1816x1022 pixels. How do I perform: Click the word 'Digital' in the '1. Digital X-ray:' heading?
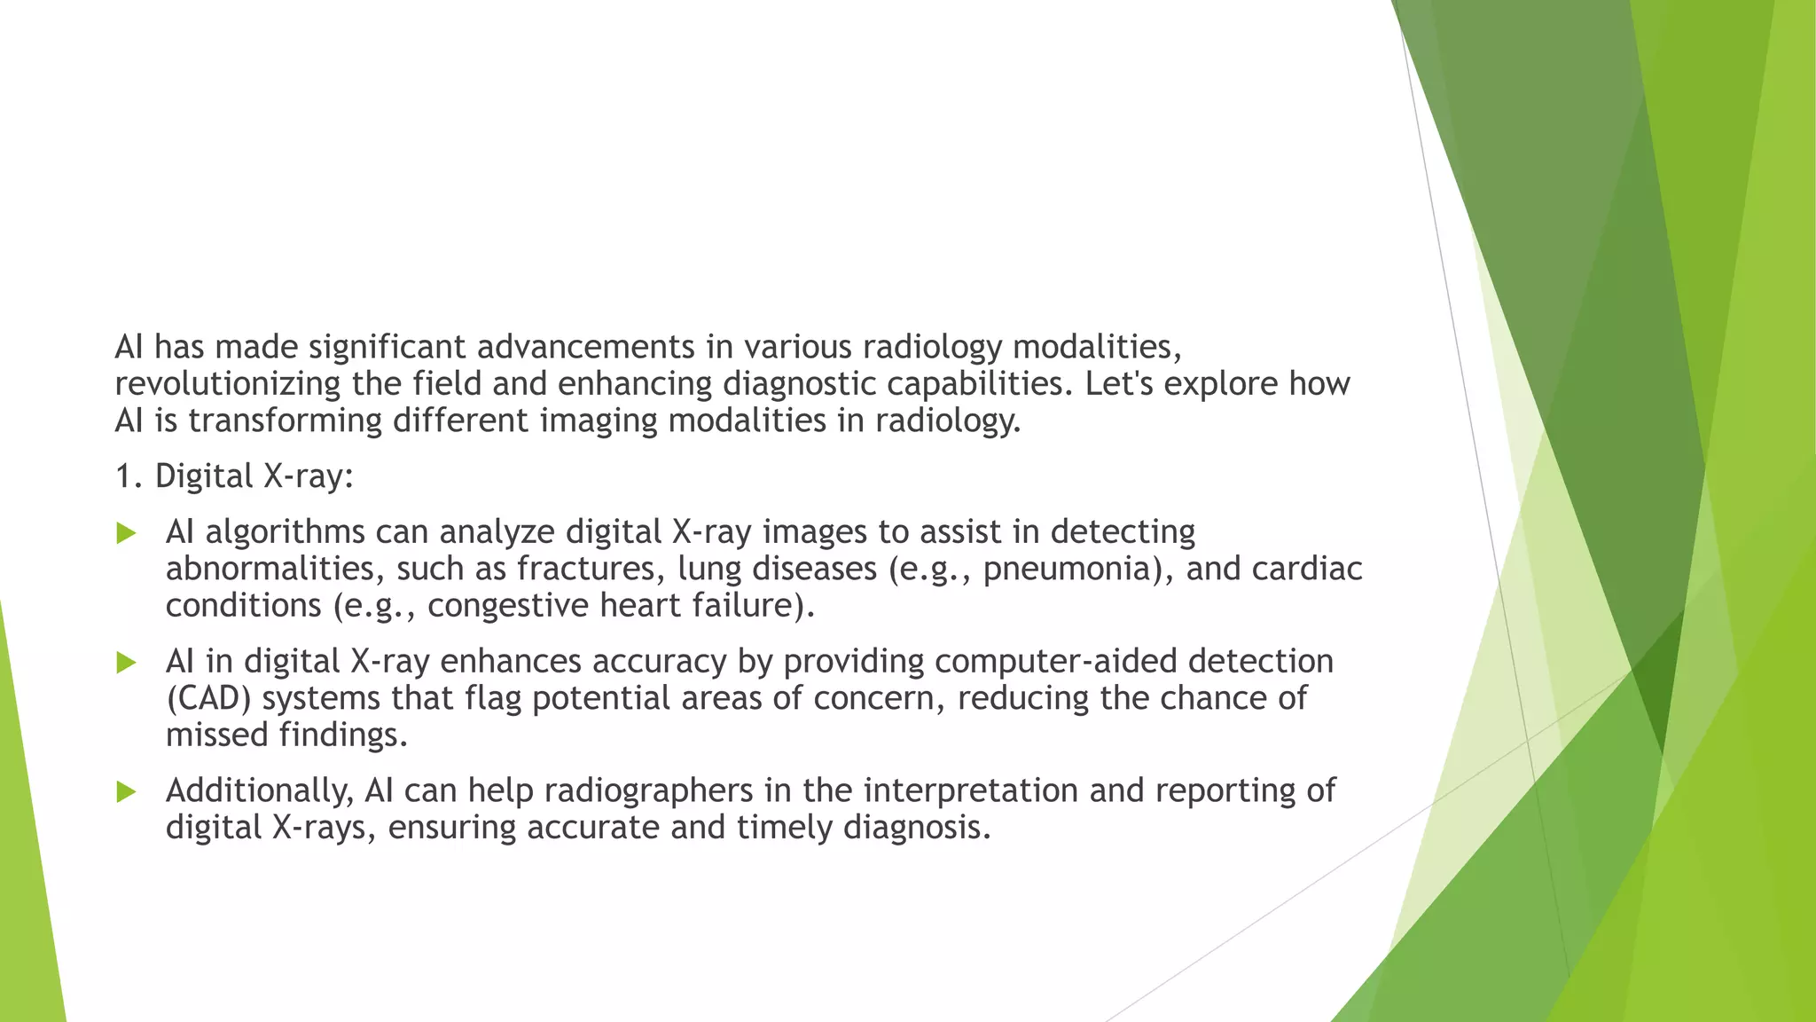point(204,476)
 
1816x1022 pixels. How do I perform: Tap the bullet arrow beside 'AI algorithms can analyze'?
point(126,533)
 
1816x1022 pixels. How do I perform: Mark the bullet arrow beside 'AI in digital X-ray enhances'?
point(126,663)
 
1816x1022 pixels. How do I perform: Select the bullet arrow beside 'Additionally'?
point(126,791)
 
